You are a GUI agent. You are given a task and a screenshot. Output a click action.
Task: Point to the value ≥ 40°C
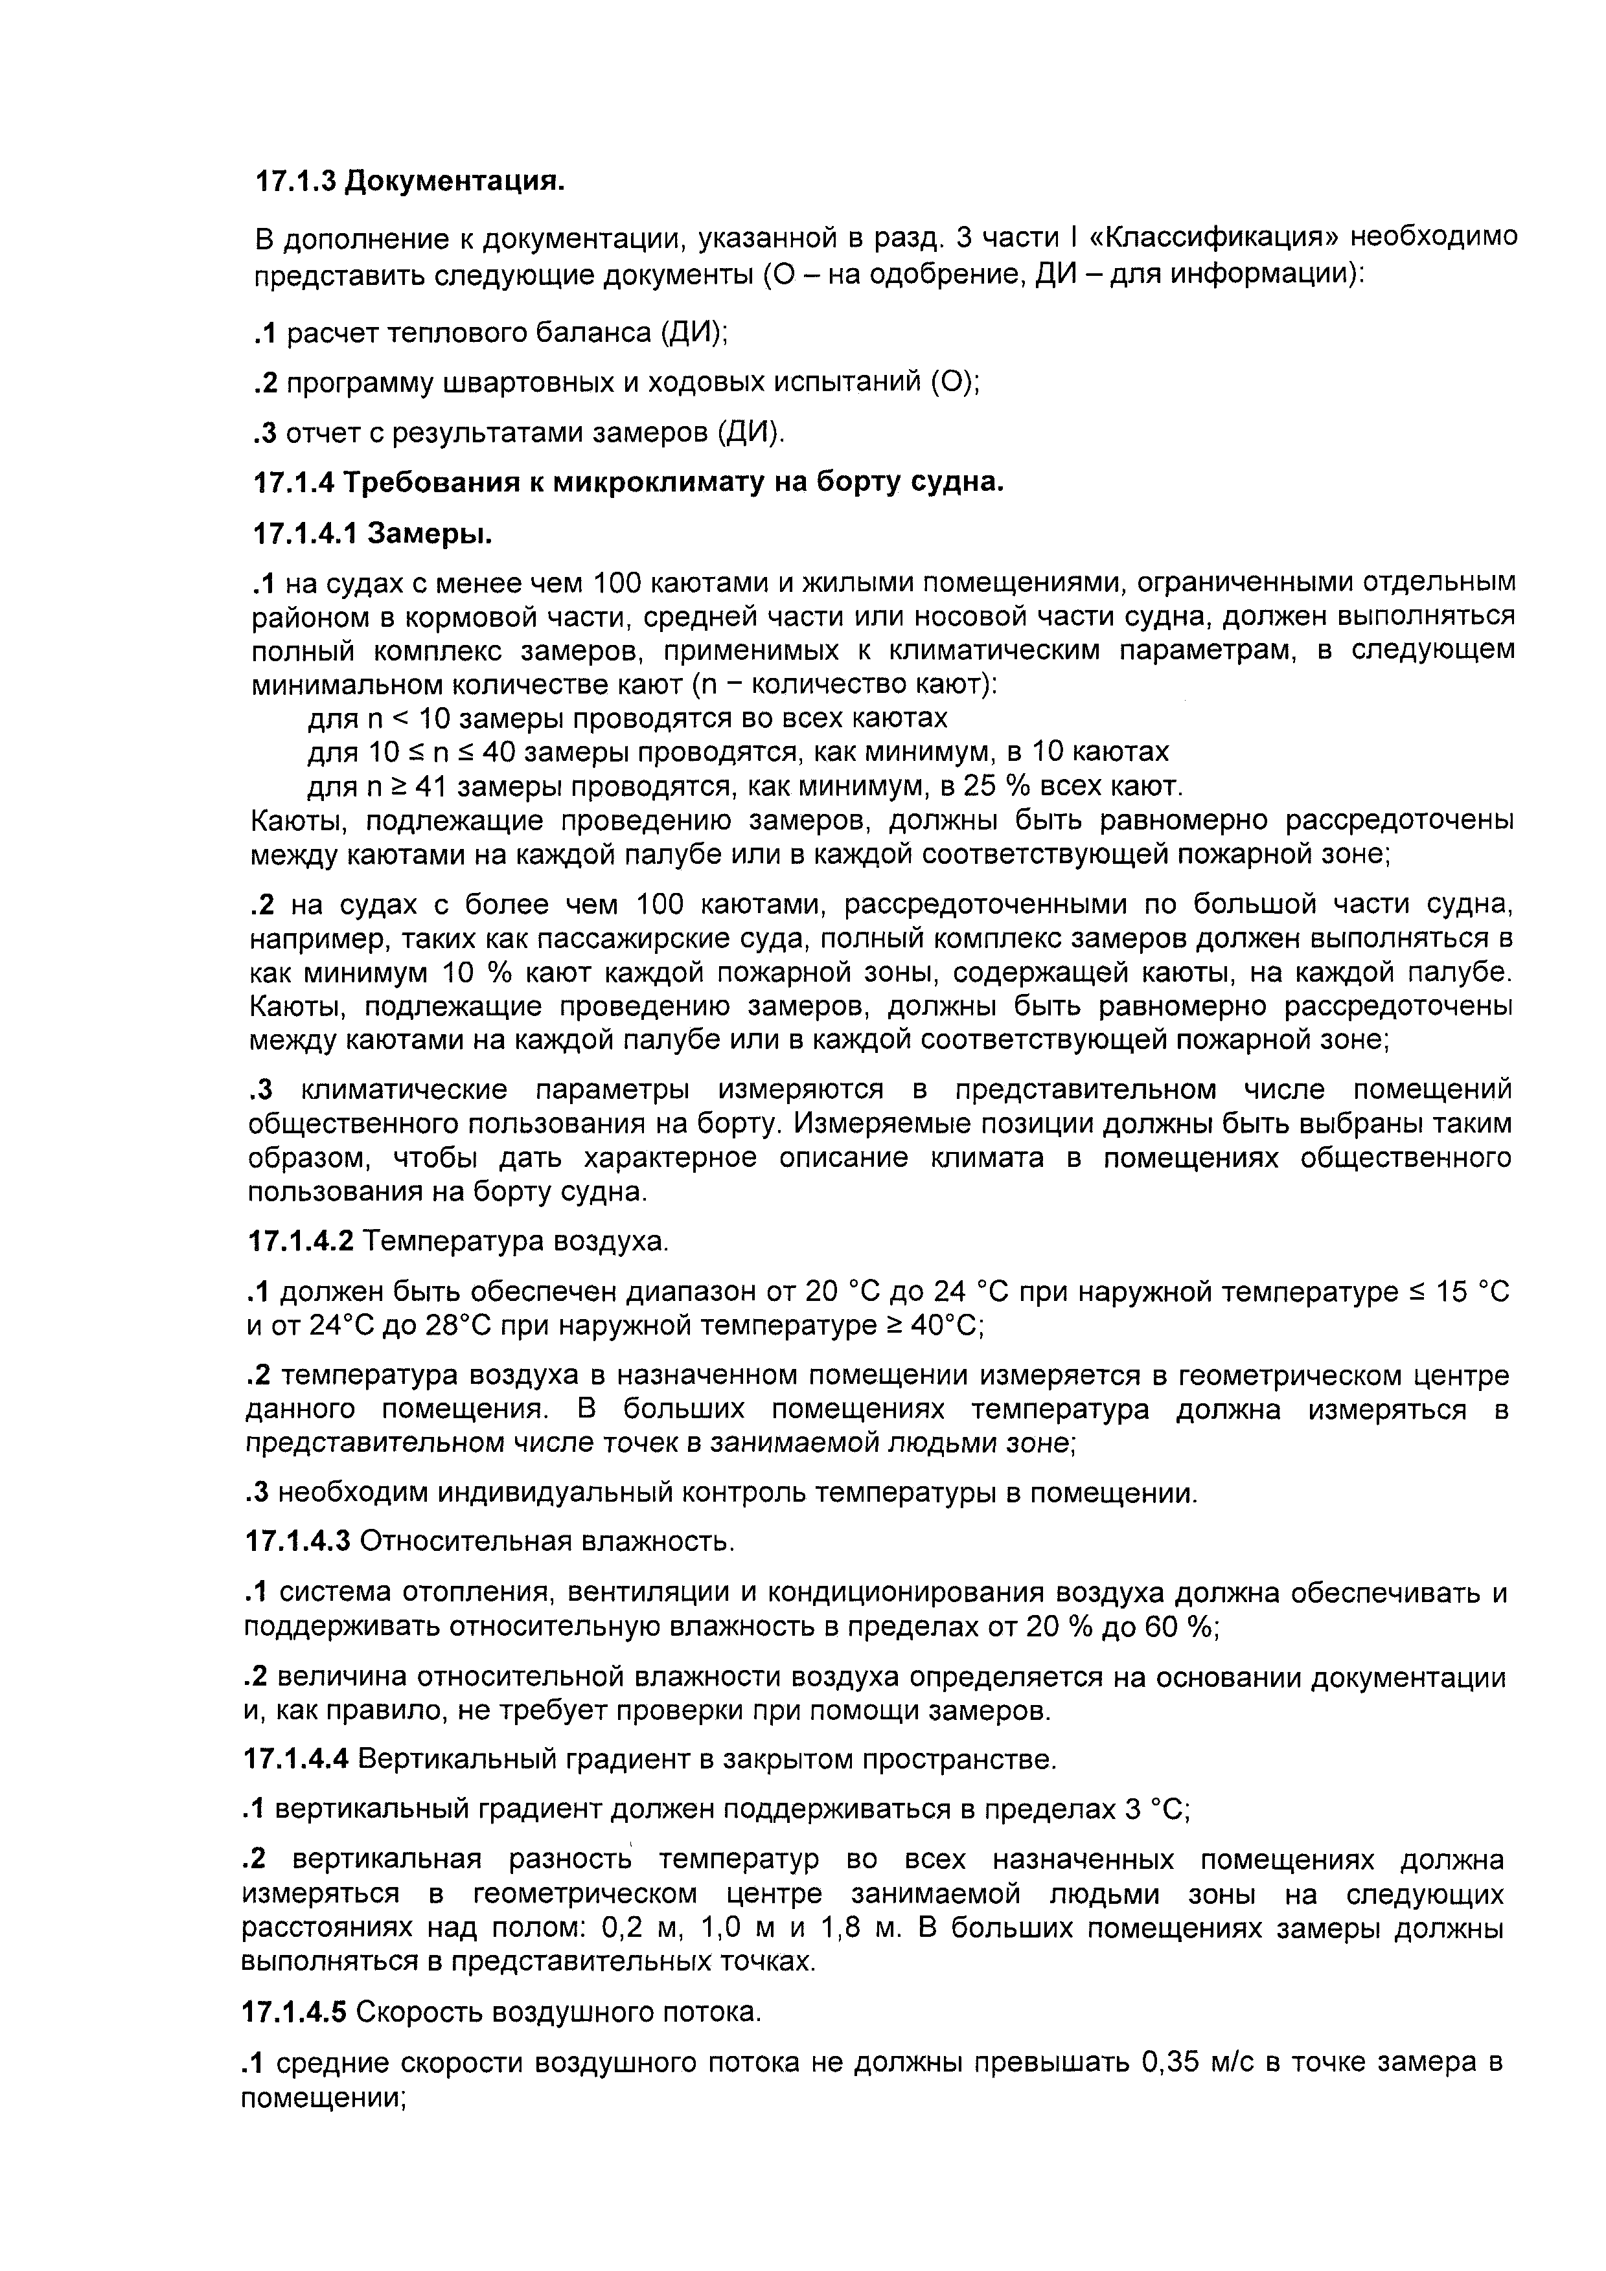click(x=935, y=1326)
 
